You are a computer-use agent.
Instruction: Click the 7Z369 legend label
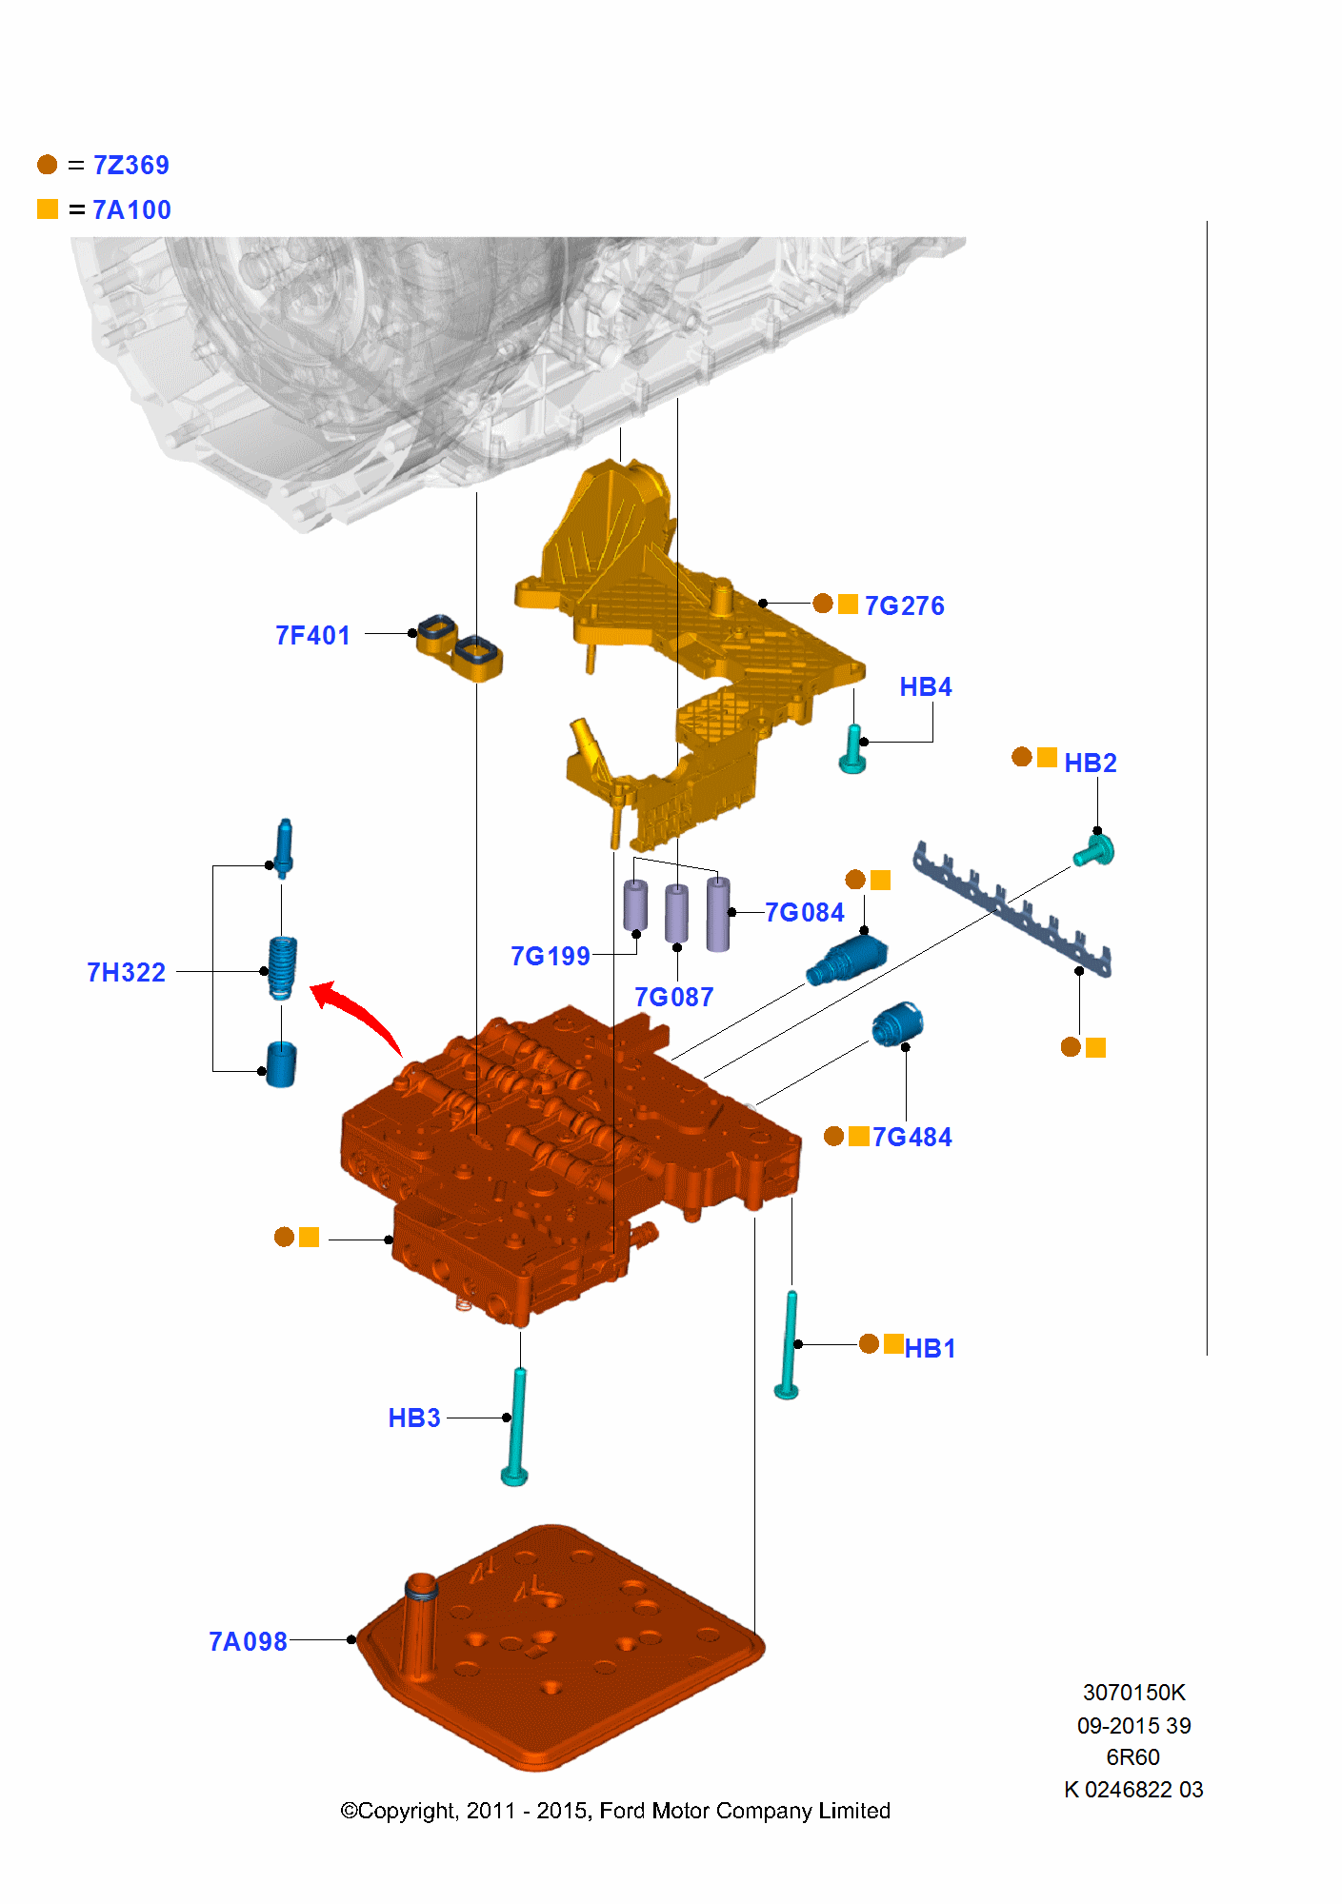(130, 166)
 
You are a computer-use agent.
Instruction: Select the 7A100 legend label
(131, 210)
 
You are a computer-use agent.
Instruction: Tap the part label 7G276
(904, 606)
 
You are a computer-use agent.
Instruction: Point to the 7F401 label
(312, 636)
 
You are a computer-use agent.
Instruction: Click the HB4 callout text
(925, 687)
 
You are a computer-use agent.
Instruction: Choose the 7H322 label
(126, 973)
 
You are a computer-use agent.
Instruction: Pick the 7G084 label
(804, 913)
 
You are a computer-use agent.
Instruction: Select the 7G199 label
(550, 957)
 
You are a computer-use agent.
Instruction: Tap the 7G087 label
(673, 998)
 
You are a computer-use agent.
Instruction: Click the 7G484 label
(911, 1138)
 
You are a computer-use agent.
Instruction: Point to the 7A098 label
(248, 1642)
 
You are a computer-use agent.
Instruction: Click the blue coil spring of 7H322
(282, 967)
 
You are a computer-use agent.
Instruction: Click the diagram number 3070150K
(1133, 1693)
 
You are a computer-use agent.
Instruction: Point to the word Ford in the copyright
(622, 1811)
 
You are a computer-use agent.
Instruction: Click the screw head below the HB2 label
(1096, 850)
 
